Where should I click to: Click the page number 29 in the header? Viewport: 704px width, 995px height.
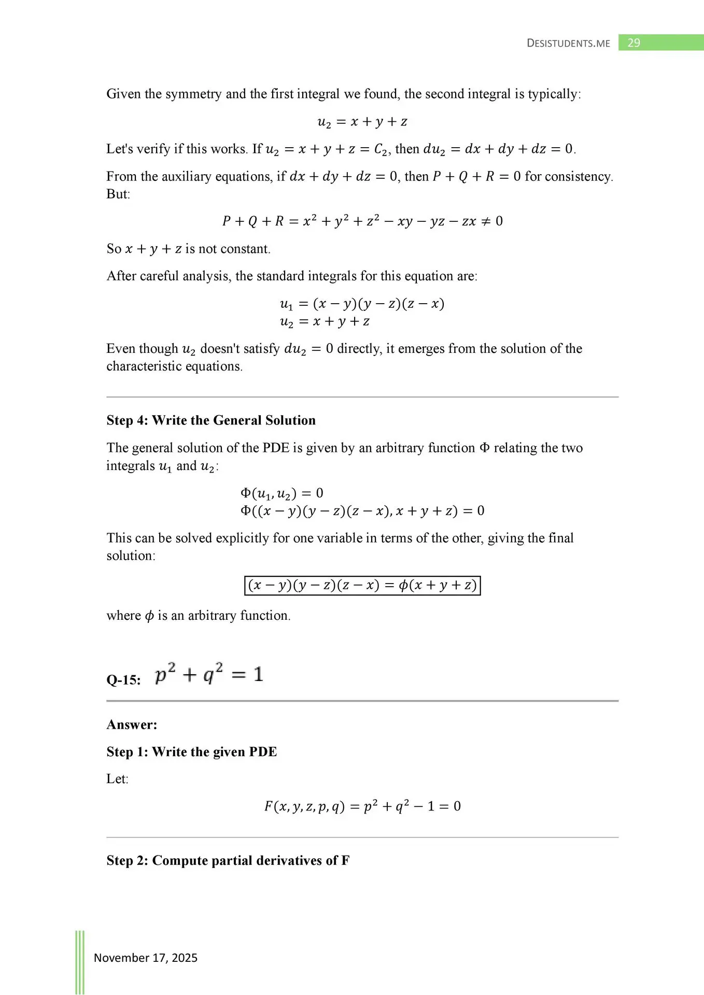pos(633,43)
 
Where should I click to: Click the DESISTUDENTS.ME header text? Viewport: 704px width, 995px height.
pos(568,44)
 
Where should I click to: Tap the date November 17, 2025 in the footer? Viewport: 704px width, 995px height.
pos(146,958)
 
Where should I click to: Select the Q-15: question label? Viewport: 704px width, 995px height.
pos(123,680)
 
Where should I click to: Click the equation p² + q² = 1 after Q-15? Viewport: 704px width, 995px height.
pos(209,674)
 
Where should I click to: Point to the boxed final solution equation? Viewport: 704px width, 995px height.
pos(362,586)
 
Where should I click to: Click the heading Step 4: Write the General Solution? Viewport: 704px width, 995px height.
pos(211,420)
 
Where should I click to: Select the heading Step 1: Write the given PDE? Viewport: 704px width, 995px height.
pos(192,752)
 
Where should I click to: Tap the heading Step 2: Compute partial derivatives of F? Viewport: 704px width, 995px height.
pos(228,861)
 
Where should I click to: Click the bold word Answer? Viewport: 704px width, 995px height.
pos(132,724)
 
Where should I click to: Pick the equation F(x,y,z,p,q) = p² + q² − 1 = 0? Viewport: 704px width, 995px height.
pos(362,806)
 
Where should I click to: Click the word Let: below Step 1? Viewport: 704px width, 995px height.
pos(118,779)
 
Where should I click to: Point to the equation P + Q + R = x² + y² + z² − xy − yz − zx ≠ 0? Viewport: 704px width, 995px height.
pos(362,222)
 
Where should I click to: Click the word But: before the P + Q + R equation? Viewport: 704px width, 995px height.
pos(118,194)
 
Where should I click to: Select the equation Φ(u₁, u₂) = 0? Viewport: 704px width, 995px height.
pos(282,493)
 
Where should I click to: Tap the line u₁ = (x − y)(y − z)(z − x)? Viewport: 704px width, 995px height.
pos(362,304)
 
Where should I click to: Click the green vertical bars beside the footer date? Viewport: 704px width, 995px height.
pos(80,962)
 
